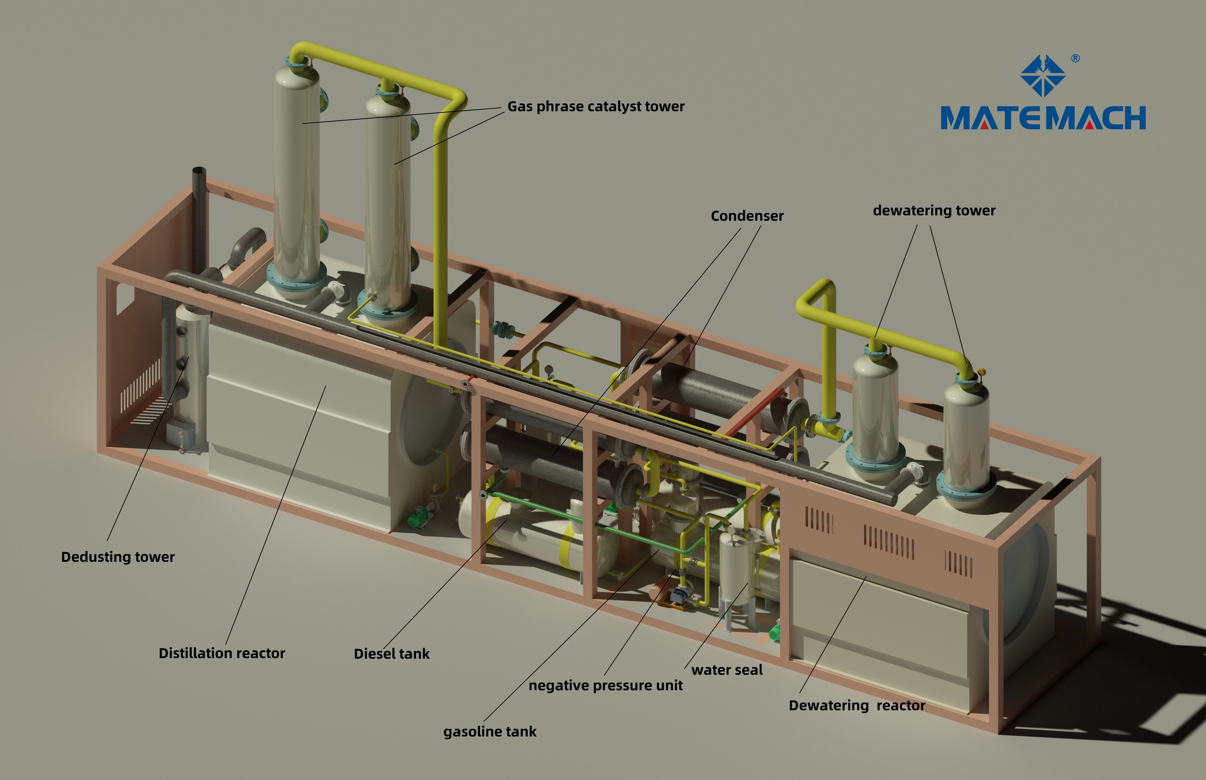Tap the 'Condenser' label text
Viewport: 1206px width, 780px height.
(747, 216)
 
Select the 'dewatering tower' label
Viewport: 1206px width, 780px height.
(934, 211)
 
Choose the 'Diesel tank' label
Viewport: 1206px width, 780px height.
(391, 654)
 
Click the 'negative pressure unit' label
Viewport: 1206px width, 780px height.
(606, 686)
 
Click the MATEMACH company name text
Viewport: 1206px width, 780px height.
(1043, 118)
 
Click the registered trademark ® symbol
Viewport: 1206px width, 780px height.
(1075, 59)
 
